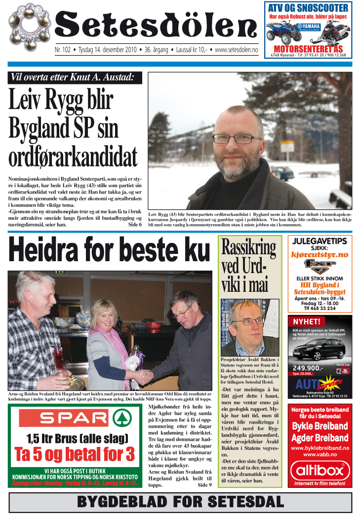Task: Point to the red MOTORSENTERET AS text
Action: click(x=308, y=49)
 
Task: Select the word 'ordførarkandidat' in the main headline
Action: click(x=73, y=157)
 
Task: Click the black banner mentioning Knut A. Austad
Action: click(x=76, y=78)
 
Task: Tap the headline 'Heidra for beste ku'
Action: click(x=109, y=251)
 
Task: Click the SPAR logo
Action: click(x=74, y=419)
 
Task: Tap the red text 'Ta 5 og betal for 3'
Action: click(x=74, y=454)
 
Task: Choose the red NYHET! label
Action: click(x=307, y=321)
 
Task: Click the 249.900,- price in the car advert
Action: click(x=308, y=368)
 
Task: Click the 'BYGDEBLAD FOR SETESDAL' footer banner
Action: click(x=180, y=503)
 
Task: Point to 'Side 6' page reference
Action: click(x=134, y=224)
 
